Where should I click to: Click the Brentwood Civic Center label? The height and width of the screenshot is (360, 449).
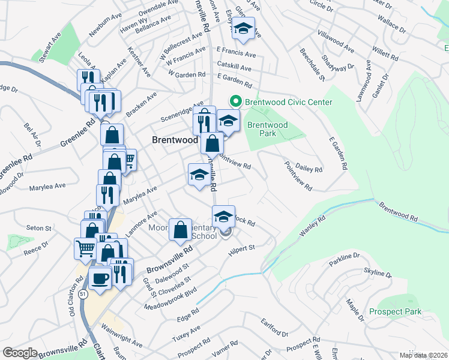[x=288, y=102]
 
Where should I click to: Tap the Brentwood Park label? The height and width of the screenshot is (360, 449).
[x=268, y=129]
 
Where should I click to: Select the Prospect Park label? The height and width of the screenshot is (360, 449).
[x=395, y=311]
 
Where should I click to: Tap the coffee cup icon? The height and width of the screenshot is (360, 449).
[x=100, y=278]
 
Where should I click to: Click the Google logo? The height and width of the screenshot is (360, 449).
[x=20, y=353]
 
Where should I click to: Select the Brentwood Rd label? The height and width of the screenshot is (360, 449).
[x=397, y=211]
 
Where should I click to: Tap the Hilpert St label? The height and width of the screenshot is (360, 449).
[x=242, y=249]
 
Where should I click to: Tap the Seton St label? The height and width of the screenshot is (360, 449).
[x=39, y=228]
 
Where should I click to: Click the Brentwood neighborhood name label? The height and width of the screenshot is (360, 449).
[x=175, y=139]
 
